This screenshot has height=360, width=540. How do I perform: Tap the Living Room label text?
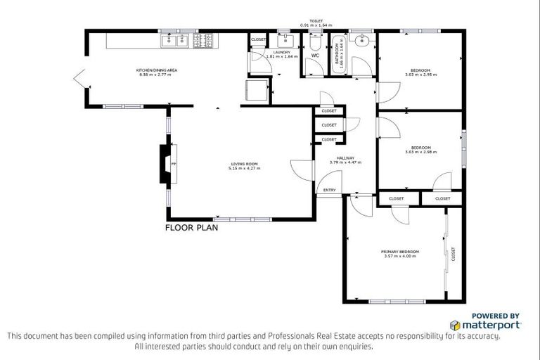(245, 167)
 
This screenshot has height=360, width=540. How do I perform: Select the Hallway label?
(345, 160)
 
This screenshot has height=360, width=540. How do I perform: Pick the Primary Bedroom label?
(400, 253)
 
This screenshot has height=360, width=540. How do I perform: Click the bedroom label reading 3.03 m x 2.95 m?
(420, 72)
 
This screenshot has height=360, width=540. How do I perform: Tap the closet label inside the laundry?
(258, 40)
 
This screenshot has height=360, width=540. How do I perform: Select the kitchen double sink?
(174, 41)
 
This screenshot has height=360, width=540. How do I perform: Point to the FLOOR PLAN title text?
(192, 228)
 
